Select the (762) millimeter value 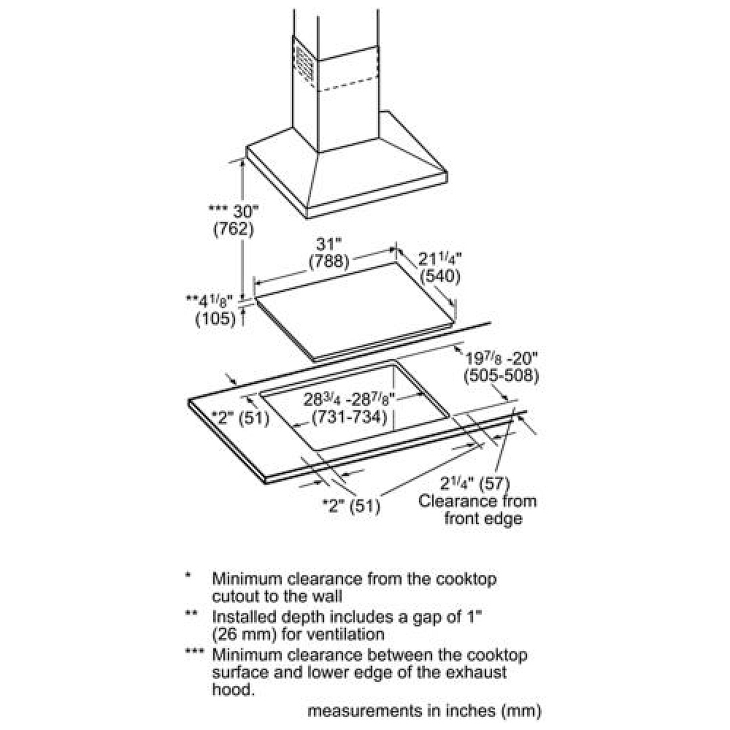pos(233,229)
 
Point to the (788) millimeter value pos(329,261)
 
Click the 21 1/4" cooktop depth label pos(442,258)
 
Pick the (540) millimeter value pos(440,277)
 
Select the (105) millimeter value pos(215,318)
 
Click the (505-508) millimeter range pos(501,376)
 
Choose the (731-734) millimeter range pos(348,418)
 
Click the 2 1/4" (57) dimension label pos(474,483)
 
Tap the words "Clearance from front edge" pos(478,510)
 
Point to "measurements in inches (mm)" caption pos(424,710)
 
